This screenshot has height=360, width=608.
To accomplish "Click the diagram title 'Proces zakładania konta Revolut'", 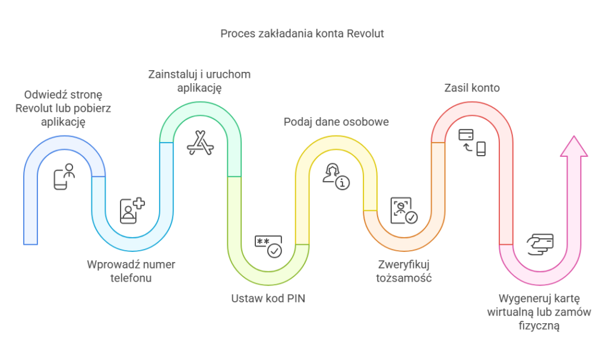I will (302, 33).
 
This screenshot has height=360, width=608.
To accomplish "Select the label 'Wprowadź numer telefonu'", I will (131, 271).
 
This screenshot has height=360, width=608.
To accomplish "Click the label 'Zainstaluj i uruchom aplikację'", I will (199, 81).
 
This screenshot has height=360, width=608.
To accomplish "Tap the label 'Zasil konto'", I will (472, 88).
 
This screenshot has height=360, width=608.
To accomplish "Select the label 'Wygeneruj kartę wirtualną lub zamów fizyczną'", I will (539, 311).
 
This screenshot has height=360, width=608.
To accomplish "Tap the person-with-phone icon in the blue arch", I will (65, 178).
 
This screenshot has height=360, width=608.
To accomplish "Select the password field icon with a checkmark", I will (268, 246).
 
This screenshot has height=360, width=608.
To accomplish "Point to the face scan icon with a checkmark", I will (403, 211).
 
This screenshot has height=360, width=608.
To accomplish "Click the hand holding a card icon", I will (540, 244).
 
